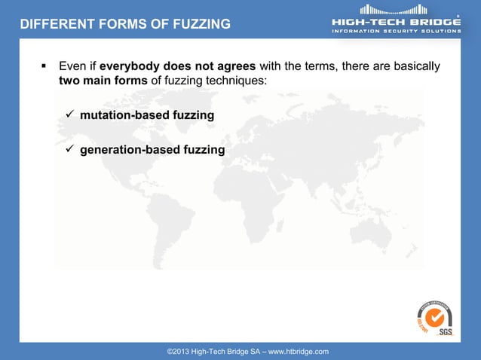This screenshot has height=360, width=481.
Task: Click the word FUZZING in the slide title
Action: pyautogui.click(x=202, y=24)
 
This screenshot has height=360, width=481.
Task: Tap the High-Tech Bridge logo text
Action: pyautogui.click(x=397, y=22)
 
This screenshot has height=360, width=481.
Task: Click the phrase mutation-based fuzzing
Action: pyautogui.click(x=147, y=115)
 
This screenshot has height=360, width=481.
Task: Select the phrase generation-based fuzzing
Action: pyautogui.click(x=152, y=150)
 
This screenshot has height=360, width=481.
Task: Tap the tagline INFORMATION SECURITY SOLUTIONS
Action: pyautogui.click(x=397, y=31)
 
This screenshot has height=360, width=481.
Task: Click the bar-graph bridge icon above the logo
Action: pyautogui.click(x=394, y=10)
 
